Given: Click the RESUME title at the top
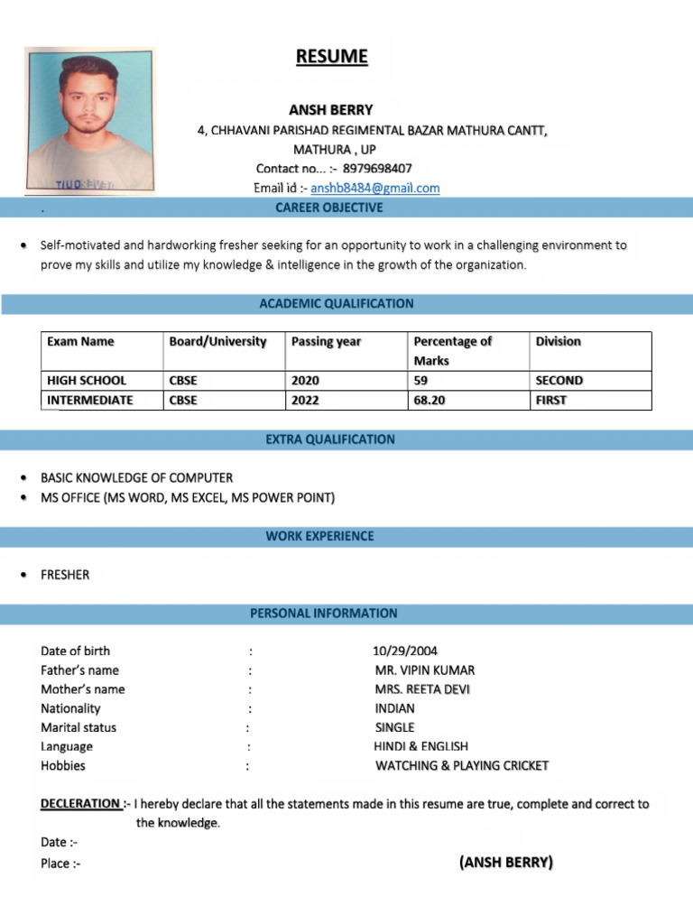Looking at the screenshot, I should tap(332, 57).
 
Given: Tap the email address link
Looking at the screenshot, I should tap(374, 188).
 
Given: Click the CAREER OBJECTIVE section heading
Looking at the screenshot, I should tap(328, 208).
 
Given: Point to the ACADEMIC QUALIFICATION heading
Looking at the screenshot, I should tap(337, 304).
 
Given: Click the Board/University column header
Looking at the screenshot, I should tap(217, 342).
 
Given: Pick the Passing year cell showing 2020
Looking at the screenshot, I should tap(306, 381).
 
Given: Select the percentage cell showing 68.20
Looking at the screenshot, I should tap(429, 401).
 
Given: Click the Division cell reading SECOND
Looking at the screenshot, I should tap(559, 381).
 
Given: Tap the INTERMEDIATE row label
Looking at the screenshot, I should tap(89, 401).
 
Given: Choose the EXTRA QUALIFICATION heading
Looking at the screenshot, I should tap(329, 439).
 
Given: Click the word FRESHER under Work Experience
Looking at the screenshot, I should tap(65, 575).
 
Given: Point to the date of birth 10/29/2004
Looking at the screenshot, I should tap(404, 651).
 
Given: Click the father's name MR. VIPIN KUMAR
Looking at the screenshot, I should tap(424, 670).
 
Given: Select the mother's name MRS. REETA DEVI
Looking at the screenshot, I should tap(421, 689).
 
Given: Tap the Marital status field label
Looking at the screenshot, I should tap(79, 727).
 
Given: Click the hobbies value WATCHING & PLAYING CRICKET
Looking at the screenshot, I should tap(461, 766).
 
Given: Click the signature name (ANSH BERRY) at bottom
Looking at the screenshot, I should tap(505, 863).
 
